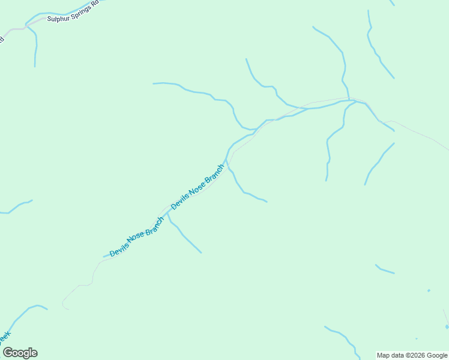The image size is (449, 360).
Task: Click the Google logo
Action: click(20, 353)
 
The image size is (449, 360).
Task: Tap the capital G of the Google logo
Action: click(8, 353)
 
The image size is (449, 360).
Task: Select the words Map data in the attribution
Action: click(391, 355)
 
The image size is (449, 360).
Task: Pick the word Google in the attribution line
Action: click(436, 355)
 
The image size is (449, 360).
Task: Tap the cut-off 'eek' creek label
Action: click(5, 337)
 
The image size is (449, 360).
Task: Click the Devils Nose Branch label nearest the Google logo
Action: click(137, 238)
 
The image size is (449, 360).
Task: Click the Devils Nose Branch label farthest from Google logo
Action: click(197, 187)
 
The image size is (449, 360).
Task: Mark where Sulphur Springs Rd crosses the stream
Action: click(26, 26)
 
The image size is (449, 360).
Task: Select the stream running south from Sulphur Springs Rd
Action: click(36, 48)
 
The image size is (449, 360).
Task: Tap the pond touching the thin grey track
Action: click(447, 326)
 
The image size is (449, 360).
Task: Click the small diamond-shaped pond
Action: click(429, 291)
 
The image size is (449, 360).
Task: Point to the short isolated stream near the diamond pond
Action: click(385, 269)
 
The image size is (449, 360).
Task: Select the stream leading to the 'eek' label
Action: click(24, 313)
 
